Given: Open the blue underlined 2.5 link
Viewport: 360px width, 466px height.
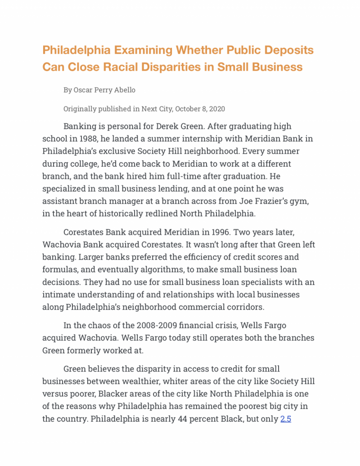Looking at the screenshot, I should click(286, 418).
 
